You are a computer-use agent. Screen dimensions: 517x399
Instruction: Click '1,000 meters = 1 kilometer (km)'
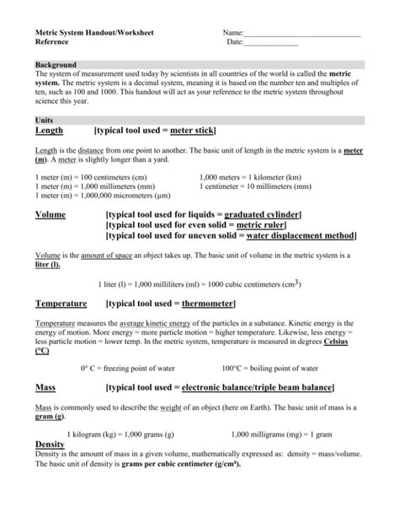pos(251,178)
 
